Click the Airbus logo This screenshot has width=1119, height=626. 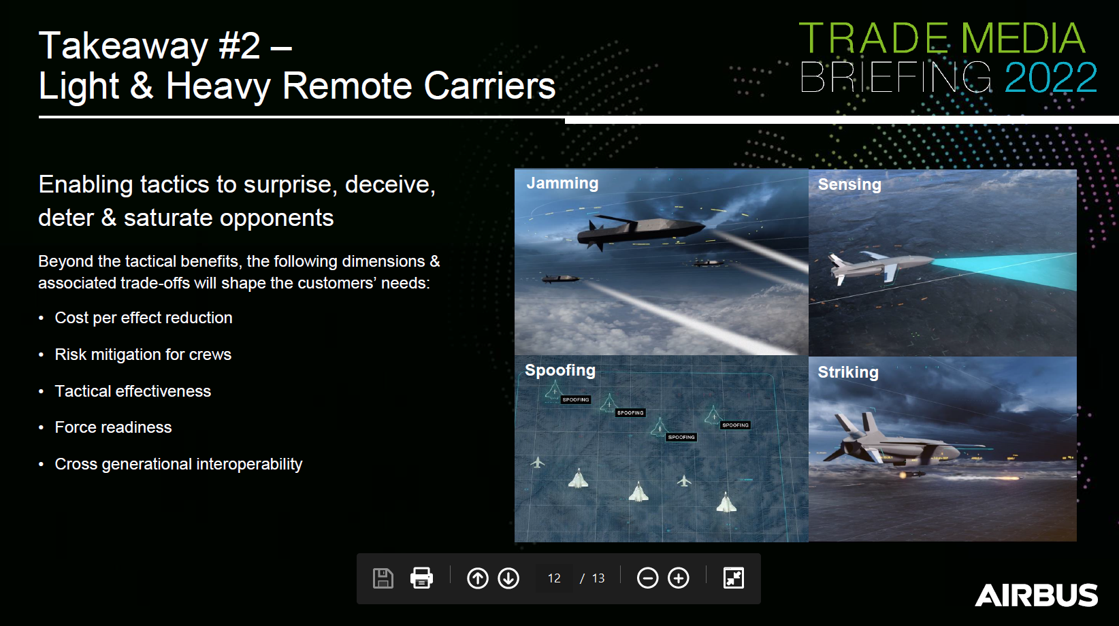click(x=1036, y=595)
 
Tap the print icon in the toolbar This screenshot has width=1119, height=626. click(x=421, y=578)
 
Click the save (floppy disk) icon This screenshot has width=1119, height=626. click(x=383, y=578)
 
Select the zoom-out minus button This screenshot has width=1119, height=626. click(x=647, y=578)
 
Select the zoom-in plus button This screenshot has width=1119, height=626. click(x=679, y=578)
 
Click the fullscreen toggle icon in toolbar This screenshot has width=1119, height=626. click(x=733, y=578)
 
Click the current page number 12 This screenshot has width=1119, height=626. click(x=554, y=578)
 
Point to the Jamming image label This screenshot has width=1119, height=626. click(x=562, y=183)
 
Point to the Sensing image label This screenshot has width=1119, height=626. click(x=849, y=184)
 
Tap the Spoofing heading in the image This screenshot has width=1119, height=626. click(x=560, y=370)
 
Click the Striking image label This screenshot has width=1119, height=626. click(x=848, y=372)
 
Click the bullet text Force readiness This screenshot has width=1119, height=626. click(x=113, y=427)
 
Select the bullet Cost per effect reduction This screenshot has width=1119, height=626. click(x=144, y=318)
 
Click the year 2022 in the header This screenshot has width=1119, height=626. click(x=1050, y=78)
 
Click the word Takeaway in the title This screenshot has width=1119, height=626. click(x=123, y=46)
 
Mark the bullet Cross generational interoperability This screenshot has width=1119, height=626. click(x=178, y=464)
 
